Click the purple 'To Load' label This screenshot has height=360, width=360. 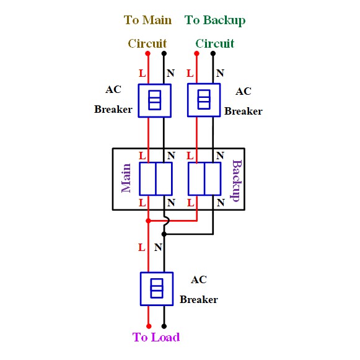[156, 337]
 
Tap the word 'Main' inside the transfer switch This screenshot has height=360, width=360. [126, 178]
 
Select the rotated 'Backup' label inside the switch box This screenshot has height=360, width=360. [236, 180]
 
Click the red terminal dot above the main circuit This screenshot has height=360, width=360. [148, 53]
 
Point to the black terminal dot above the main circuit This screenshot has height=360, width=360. [164, 53]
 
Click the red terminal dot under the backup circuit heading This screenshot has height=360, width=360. [196, 53]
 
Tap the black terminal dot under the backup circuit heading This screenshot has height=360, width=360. [213, 53]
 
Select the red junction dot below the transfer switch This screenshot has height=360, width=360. [148, 221]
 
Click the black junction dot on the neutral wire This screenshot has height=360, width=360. [164, 234]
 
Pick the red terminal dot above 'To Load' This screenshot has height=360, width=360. [149, 326]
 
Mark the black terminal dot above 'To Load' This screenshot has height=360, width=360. [164, 326]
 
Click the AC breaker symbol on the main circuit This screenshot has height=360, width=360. [154, 100]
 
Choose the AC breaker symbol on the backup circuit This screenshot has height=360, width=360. [204, 100]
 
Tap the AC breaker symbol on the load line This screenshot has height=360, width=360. [157, 289]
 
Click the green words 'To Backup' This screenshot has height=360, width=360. [215, 20]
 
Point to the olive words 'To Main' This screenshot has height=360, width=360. [147, 20]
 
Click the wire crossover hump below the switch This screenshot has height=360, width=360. [167, 221]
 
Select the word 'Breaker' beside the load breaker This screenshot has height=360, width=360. [199, 299]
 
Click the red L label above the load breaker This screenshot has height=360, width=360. [142, 247]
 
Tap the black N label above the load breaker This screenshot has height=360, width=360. [158, 247]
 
